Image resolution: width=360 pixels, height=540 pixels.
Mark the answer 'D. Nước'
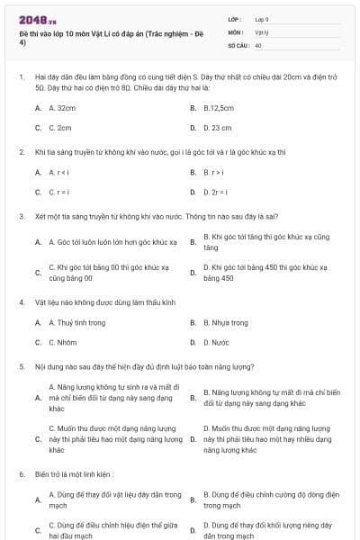pyautogui.click(x=217, y=343)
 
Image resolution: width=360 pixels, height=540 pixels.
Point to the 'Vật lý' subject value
pyautogui.click(x=262, y=31)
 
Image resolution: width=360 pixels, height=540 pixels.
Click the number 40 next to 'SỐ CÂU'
pyautogui.click(x=258, y=44)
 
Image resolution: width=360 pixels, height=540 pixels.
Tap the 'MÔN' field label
pyautogui.click(x=236, y=31)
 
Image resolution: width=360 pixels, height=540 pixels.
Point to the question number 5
pyautogui.click(x=21, y=367)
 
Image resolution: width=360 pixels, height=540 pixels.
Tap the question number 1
pyautogui.click(x=21, y=77)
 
